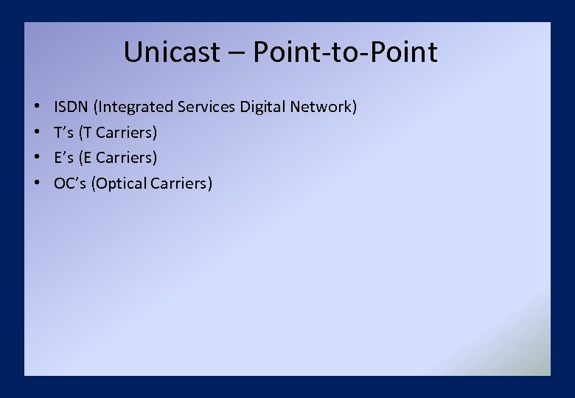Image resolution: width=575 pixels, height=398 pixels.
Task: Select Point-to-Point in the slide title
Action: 345,52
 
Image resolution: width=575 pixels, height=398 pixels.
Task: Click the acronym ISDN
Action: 72,108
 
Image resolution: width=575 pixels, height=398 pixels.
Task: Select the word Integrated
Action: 135,108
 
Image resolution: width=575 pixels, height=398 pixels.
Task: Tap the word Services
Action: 206,108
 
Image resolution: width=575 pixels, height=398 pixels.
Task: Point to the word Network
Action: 324,108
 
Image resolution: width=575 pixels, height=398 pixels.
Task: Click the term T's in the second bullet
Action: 63,133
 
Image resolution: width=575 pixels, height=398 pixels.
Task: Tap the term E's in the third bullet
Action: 64,158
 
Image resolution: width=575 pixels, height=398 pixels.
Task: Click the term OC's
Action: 70,183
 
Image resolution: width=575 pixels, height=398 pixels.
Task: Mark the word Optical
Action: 120,183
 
